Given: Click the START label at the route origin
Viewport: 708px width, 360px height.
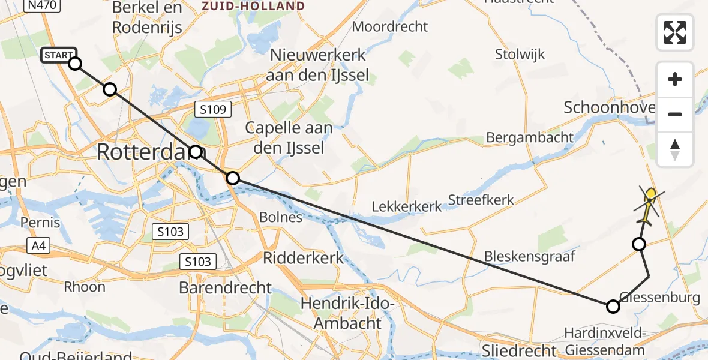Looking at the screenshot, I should tap(58, 56).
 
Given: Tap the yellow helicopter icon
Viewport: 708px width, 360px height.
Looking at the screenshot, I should tap(648, 203).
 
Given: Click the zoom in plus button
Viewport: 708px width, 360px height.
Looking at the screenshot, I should tap(675, 80).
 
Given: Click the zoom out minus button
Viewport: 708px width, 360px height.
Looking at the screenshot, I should tap(675, 114).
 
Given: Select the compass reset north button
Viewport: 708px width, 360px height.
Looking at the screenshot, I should tap(675, 149).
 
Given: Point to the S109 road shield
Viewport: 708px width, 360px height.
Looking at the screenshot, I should tap(214, 109).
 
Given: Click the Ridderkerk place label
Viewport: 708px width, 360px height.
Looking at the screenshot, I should tap(304, 258).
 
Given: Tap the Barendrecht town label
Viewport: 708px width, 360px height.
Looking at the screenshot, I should tap(226, 287).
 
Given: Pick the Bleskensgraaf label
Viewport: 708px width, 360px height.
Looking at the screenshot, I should tap(530, 257).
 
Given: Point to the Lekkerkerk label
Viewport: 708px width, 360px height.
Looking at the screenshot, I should tap(407, 206).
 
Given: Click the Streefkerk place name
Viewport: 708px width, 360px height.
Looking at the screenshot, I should tap(481, 200).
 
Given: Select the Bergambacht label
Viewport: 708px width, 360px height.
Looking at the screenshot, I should tap(530, 137).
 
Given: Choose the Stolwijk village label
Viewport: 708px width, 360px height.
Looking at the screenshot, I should tap(520, 55).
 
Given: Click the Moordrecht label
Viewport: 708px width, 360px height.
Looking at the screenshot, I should tap(390, 26).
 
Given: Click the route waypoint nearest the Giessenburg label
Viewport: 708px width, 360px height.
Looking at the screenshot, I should tap(613, 307).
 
